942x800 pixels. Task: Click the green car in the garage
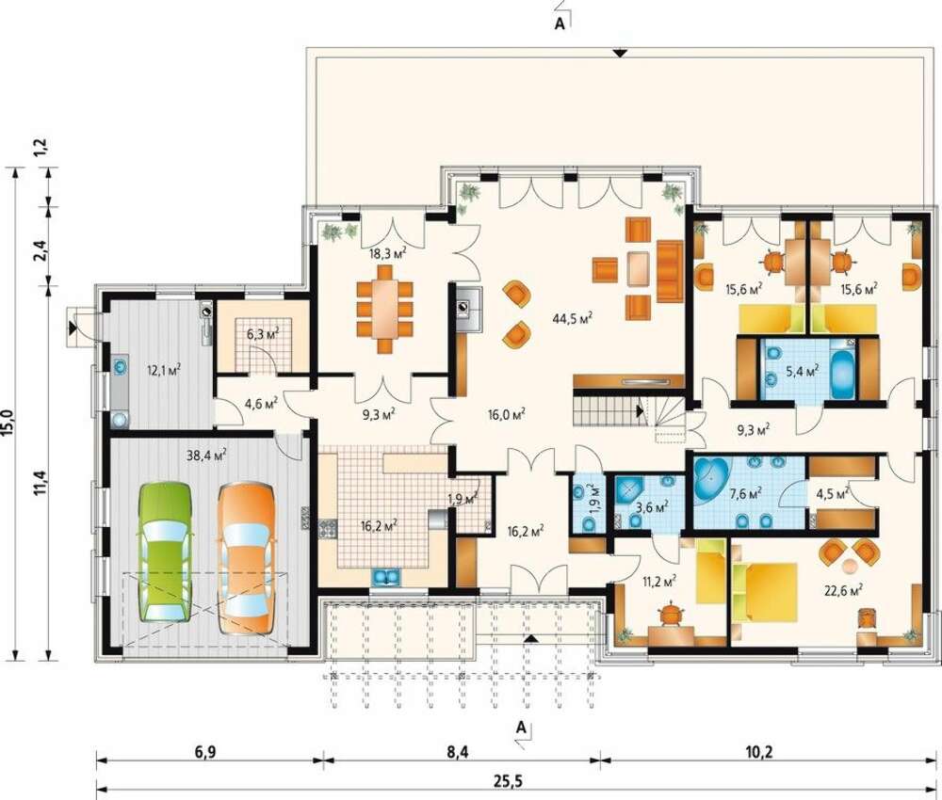[165, 551]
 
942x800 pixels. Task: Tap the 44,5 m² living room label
[573, 318]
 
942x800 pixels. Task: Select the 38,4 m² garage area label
[206, 456]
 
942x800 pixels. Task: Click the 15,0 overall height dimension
[9, 424]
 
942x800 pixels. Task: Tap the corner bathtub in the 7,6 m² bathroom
[710, 477]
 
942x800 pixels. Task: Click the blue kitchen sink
[385, 577]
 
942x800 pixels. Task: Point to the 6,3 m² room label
[263, 333]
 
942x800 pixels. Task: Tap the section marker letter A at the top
[560, 24]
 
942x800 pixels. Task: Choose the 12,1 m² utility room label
[164, 369]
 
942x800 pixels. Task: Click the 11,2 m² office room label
[659, 581]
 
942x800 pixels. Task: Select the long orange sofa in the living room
[670, 271]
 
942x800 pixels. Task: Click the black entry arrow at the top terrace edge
[621, 54]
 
